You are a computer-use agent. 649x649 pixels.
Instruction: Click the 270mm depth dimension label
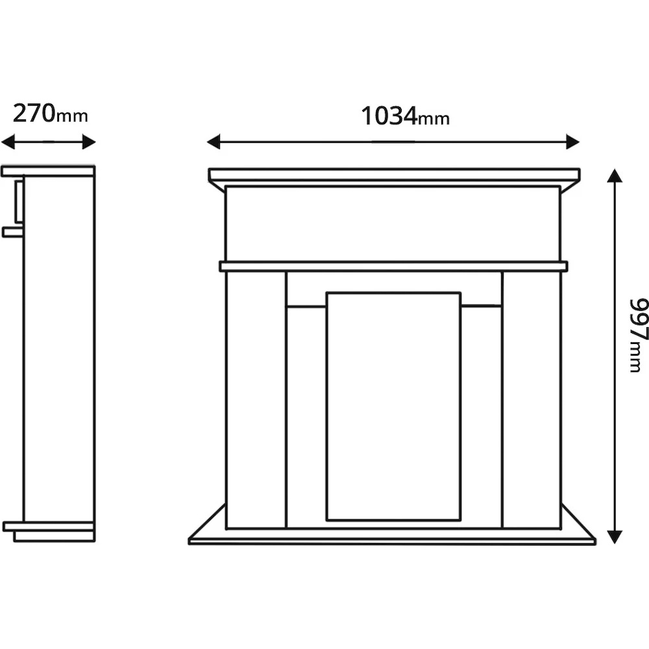tap(51, 114)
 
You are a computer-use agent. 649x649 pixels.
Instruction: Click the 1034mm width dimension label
tap(405, 116)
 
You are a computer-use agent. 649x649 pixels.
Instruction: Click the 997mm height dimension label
tap(637, 336)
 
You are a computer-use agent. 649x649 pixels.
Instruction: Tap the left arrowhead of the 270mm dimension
tap(8, 142)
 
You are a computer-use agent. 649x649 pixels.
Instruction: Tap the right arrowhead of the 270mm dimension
tap(89, 142)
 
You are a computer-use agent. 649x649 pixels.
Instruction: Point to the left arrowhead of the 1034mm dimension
tap(214, 141)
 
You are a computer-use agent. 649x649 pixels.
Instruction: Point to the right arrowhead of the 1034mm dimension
tap(573, 141)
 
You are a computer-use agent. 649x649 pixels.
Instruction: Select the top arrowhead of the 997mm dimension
tap(615, 175)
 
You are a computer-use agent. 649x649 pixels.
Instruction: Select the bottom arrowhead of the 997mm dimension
tap(615, 537)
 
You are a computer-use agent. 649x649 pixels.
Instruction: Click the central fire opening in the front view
tap(393, 406)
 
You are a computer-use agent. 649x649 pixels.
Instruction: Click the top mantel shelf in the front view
tap(394, 174)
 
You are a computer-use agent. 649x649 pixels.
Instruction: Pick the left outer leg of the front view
tap(256, 400)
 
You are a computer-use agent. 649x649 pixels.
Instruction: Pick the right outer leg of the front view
tap(532, 400)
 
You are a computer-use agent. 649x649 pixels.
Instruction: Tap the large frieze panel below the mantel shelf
tap(393, 224)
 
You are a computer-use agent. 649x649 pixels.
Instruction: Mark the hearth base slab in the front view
tap(393, 541)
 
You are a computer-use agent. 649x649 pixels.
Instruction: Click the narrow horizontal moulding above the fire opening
tap(393, 266)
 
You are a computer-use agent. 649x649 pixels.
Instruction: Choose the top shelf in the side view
tap(48, 171)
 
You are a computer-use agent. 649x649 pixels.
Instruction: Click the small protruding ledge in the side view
tap(13, 232)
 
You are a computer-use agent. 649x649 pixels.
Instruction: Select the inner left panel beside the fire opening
tap(306, 417)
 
